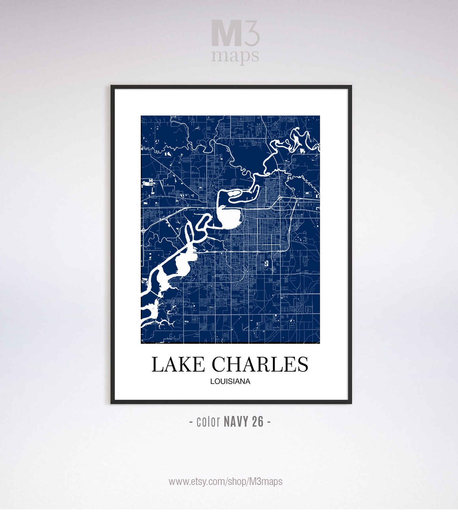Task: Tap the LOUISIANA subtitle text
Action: tap(230, 381)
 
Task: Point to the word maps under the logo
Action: tap(235, 56)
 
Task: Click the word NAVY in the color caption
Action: tap(236, 422)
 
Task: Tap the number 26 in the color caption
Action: tap(258, 422)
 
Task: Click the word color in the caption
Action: tap(208, 422)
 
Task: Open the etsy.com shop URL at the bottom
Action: tap(226, 481)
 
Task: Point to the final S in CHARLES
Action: tap(302, 364)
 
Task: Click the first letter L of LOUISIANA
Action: tap(212, 381)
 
